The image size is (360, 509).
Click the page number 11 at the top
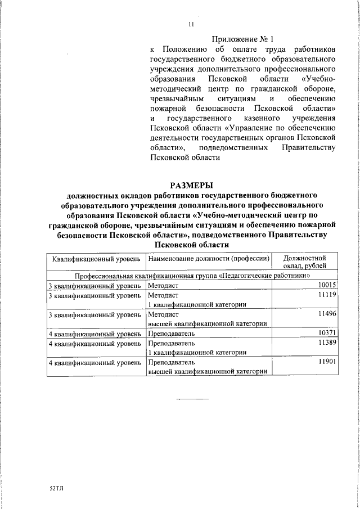pos(191,24)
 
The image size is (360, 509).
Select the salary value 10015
pos(327,286)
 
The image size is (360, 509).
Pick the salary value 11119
pos(327,295)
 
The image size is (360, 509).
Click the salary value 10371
pos(327,333)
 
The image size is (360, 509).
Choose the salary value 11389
pos(327,343)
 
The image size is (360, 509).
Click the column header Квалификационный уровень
pos(96,259)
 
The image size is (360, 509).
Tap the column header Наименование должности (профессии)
pos(208,259)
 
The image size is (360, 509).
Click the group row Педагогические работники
pos(193,277)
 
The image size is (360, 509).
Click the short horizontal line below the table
pos(192,398)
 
